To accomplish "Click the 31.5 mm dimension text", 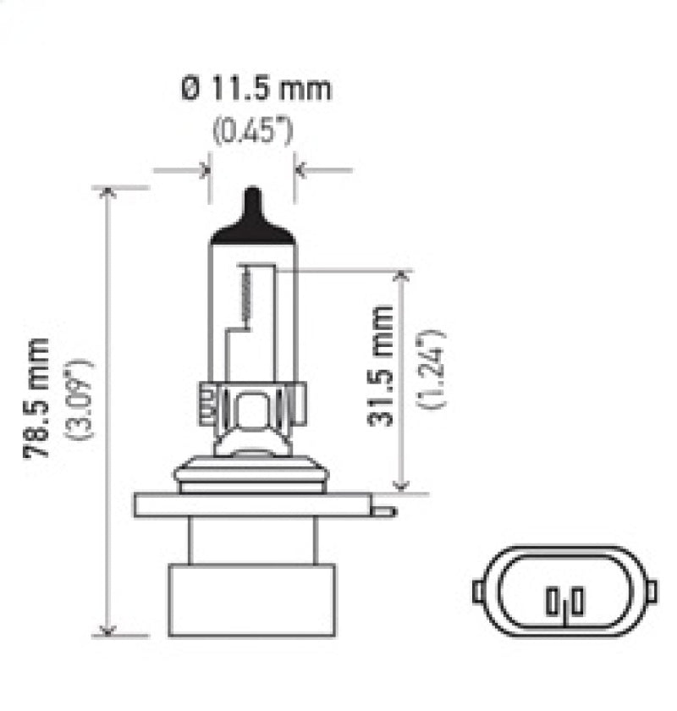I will click(383, 366).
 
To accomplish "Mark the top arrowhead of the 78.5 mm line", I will click(107, 193).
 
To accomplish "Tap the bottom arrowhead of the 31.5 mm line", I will click(401, 484).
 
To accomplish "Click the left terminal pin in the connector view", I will click(553, 603).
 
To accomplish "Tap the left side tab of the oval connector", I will click(479, 590).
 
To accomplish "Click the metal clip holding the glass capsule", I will click(251, 405).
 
